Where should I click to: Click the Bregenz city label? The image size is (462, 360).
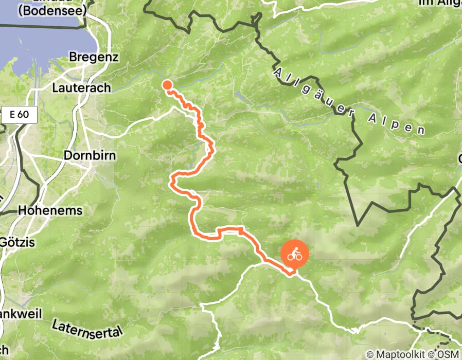pos(94,57)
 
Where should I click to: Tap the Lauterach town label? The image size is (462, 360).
pos(81,88)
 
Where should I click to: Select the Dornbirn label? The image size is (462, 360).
pos(90,155)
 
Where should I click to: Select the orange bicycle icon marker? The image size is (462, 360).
pos(294,255)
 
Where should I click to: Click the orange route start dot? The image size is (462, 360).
pos(167,85)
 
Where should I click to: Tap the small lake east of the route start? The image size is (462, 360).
pos(240,96)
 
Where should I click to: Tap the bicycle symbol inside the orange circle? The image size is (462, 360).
pos(294,254)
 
